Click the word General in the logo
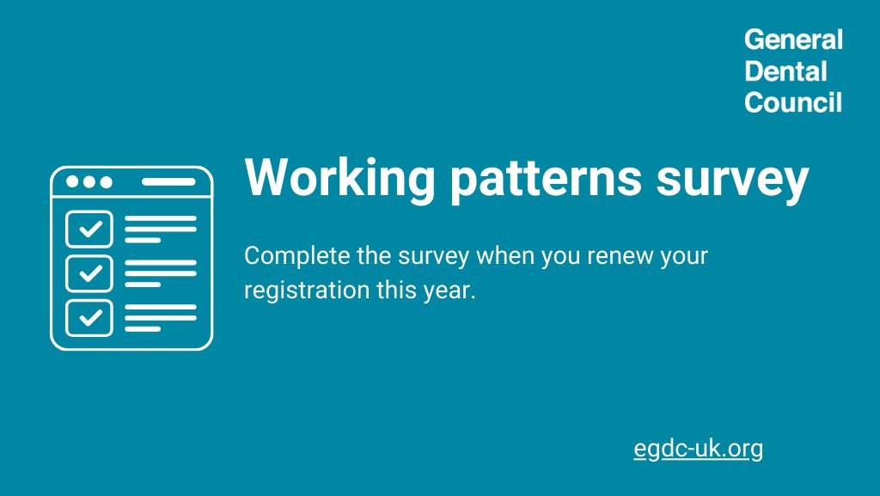point(793,40)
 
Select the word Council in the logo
point(793,103)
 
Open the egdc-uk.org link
point(698,448)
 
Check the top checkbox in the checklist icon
point(89,230)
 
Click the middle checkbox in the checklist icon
point(89,273)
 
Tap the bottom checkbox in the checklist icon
point(89,317)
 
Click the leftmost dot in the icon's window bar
point(71,182)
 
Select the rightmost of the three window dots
point(105,182)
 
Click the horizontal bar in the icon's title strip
point(168,182)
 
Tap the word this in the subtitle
point(393,290)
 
